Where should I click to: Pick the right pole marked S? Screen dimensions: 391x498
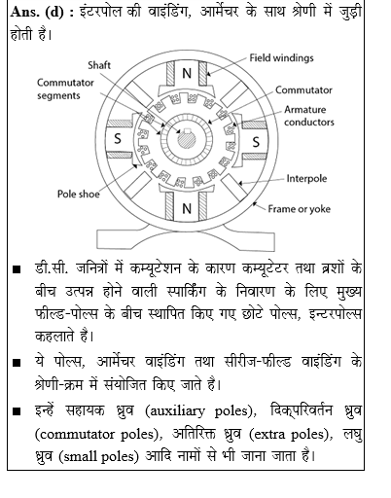tap(256, 142)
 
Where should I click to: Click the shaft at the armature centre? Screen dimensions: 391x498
tap(184, 142)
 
